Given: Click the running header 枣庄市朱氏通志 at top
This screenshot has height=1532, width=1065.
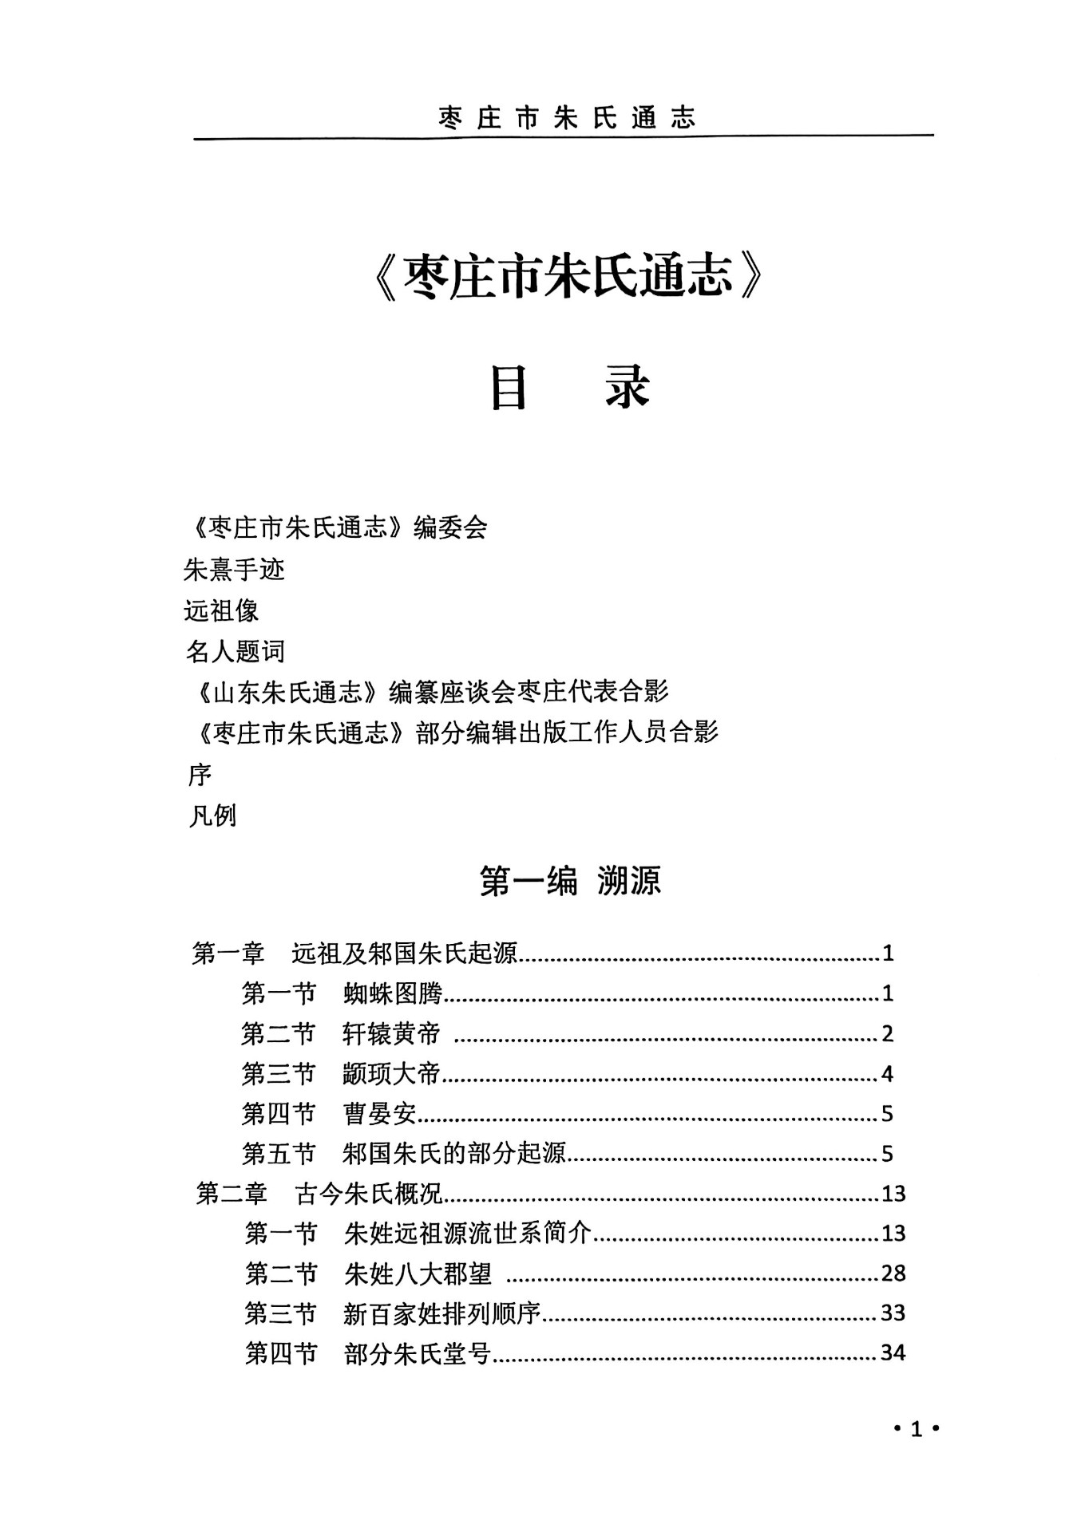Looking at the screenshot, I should point(567,118).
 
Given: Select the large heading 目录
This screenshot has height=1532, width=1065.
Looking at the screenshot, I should point(570,388).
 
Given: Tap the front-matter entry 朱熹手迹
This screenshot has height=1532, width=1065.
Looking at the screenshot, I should point(234,569).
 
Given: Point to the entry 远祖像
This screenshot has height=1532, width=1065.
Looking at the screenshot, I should point(221,610).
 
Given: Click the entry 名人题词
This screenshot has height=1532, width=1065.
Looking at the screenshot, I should point(235,652).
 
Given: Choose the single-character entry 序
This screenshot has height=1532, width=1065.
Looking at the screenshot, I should point(200,774).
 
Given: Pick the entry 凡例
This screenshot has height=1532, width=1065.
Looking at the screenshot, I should point(212,815).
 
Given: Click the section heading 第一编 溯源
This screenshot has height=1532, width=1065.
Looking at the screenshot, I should point(570,882).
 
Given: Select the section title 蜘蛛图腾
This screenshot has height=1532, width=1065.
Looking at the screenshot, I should point(392,993).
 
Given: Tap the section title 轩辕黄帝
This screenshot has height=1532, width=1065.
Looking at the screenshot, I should point(391,1034).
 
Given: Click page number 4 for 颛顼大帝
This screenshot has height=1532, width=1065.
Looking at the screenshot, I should point(887,1074).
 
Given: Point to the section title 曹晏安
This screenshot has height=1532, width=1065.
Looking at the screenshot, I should point(379,1114).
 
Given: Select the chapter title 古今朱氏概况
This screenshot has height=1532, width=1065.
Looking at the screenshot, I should point(368,1194).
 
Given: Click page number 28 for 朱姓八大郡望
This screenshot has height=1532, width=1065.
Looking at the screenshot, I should point(893,1273).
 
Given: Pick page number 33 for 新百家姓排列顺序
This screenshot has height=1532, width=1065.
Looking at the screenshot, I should point(893,1313).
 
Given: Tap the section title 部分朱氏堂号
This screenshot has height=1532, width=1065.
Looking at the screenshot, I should point(417,1354).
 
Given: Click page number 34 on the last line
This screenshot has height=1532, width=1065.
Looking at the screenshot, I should point(893,1353).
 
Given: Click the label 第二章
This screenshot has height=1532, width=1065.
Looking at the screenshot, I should point(232,1194).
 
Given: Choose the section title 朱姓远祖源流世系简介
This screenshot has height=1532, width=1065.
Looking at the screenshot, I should point(467,1234).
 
